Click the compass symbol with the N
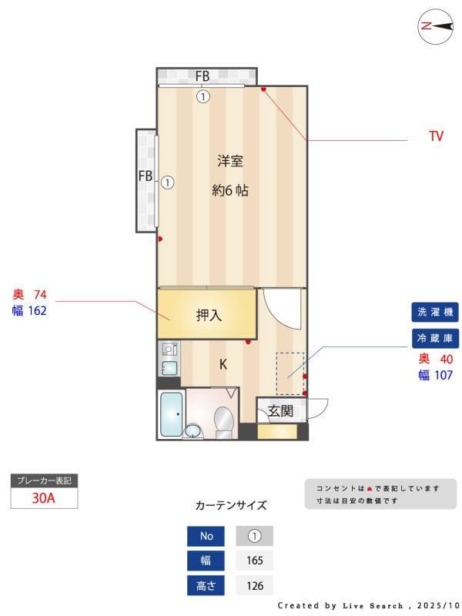435,26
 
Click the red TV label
436,136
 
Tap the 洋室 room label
230,161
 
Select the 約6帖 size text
230,190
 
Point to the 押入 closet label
209,314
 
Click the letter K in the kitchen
223,364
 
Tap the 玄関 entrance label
280,410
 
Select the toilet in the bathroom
223,420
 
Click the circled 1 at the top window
203,97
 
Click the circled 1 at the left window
167,182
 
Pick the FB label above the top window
203,76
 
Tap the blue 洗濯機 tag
436,312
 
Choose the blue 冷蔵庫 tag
436,338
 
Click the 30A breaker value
44,497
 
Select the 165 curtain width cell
254,561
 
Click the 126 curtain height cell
254,585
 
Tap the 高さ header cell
206,585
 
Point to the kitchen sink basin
170,367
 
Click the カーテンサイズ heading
231,506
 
